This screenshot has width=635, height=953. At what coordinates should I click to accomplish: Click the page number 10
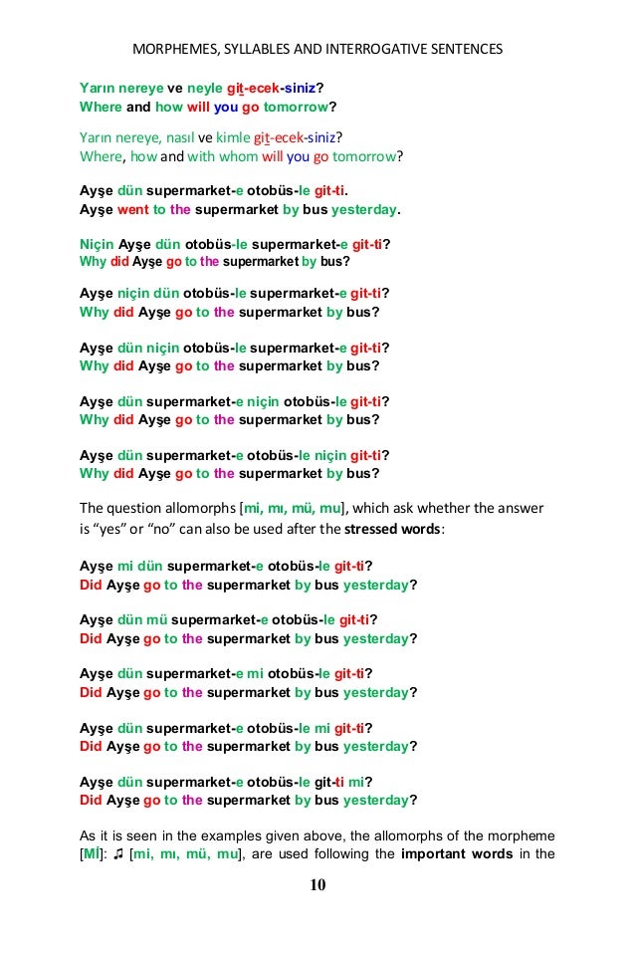point(317,885)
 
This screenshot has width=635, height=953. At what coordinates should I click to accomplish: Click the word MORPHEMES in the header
point(174,48)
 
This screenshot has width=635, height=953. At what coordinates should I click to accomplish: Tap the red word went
point(133,210)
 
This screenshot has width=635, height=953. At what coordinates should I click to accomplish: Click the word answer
point(520,508)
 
